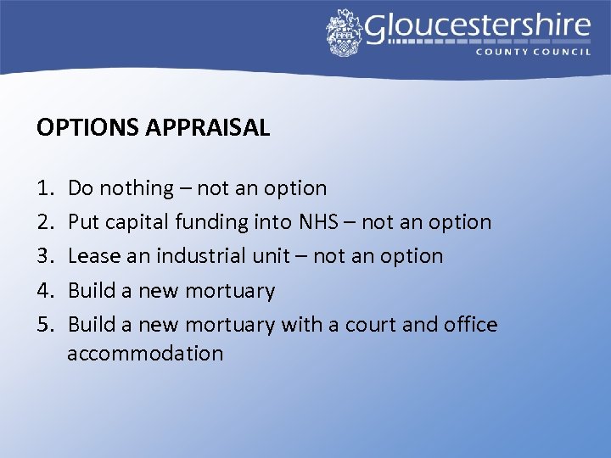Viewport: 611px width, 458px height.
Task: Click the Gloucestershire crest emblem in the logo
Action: pyautogui.click(x=344, y=32)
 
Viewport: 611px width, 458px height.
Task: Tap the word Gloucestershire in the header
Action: pyautogui.click(x=477, y=27)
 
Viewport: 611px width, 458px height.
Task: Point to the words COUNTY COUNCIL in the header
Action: pyautogui.click(x=532, y=52)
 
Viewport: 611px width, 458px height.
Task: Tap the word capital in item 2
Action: pyautogui.click(x=137, y=223)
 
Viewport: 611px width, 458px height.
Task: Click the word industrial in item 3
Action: pyautogui.click(x=199, y=256)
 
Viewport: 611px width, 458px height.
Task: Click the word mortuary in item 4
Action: pyautogui.click(x=230, y=291)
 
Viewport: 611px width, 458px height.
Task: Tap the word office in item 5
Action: pyautogui.click(x=471, y=324)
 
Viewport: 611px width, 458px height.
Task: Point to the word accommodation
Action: pyautogui.click(x=145, y=353)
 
